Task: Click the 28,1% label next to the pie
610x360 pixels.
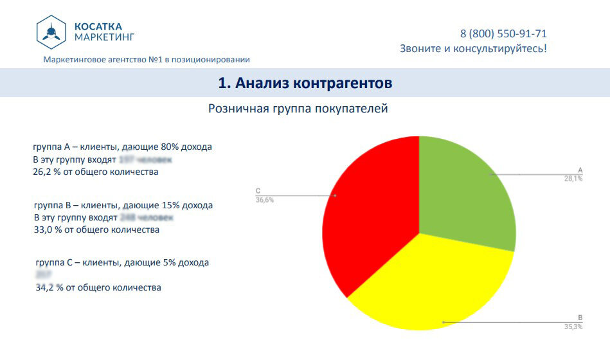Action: click(x=573, y=179)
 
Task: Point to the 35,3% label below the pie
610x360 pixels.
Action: click(x=573, y=327)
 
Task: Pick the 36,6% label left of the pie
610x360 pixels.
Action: click(x=265, y=200)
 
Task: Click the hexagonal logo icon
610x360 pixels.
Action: click(x=51, y=32)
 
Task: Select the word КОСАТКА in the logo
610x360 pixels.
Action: click(x=98, y=26)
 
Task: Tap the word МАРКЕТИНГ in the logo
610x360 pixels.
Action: click(x=104, y=37)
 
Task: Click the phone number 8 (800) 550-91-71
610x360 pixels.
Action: click(x=503, y=33)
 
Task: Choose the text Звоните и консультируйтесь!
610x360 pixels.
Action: click(x=473, y=48)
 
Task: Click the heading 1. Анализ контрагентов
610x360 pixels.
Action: click(x=305, y=83)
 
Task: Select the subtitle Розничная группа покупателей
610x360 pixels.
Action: click(x=298, y=109)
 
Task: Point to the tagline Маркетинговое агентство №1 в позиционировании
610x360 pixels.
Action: click(x=147, y=60)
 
